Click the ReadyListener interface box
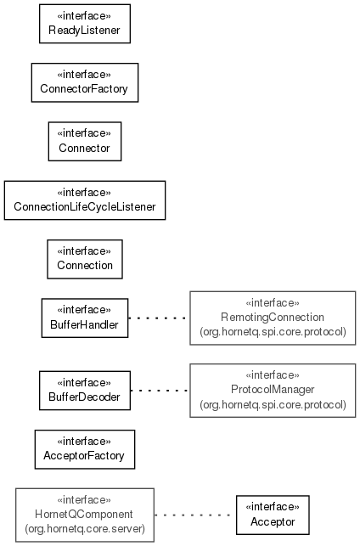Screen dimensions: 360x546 click(x=85, y=24)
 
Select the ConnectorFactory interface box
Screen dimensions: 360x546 click(x=85, y=82)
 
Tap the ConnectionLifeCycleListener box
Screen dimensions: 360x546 click(x=85, y=200)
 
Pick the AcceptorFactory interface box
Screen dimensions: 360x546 click(x=85, y=449)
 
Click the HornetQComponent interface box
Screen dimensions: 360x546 click(x=85, y=515)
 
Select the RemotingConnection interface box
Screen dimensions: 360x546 click(x=273, y=318)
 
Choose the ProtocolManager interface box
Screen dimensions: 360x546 click(x=273, y=391)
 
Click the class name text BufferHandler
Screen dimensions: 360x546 click(x=84, y=324)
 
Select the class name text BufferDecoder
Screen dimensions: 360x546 click(x=84, y=397)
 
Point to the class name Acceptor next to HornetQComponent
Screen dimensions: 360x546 click(x=273, y=521)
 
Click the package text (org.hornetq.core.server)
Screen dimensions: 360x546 click(x=85, y=528)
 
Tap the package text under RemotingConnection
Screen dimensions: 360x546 click(x=273, y=331)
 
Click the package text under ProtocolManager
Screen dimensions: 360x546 click(x=273, y=404)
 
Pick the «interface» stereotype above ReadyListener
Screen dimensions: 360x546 click(x=84, y=16)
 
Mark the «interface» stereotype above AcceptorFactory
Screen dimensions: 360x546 click(x=84, y=442)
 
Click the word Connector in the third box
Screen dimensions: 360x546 click(x=84, y=148)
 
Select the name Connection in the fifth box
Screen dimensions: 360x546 click(x=85, y=265)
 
